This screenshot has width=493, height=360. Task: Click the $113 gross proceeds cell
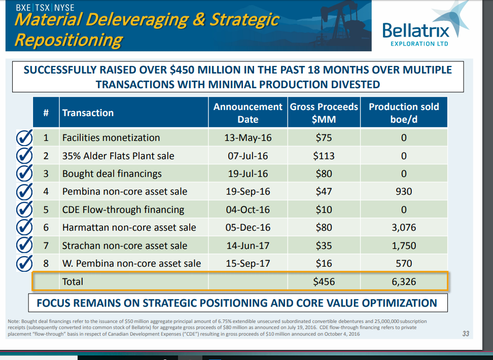click(324, 156)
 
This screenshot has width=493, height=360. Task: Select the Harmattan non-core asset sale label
click(129, 227)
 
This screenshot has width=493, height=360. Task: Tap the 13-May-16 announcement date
click(248, 138)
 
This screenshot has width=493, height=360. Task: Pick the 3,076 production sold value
click(404, 227)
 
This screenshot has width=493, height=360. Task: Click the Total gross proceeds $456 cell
click(324, 281)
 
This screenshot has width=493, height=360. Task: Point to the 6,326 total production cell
click(404, 281)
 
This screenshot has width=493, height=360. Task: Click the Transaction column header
click(88, 113)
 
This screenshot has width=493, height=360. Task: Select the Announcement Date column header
click(248, 113)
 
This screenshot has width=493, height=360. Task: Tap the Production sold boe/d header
click(404, 113)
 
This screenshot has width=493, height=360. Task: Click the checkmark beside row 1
click(24, 138)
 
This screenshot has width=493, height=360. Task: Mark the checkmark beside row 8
click(24, 263)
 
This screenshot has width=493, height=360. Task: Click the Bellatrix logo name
click(416, 31)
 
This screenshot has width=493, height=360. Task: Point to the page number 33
click(466, 334)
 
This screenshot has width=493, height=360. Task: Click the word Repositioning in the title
click(68, 40)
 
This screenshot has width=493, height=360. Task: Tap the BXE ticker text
click(23, 8)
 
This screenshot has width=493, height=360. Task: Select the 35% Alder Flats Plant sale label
click(118, 156)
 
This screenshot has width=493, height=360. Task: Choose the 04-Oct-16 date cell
click(248, 210)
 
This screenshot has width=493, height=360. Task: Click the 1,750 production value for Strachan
click(404, 245)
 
